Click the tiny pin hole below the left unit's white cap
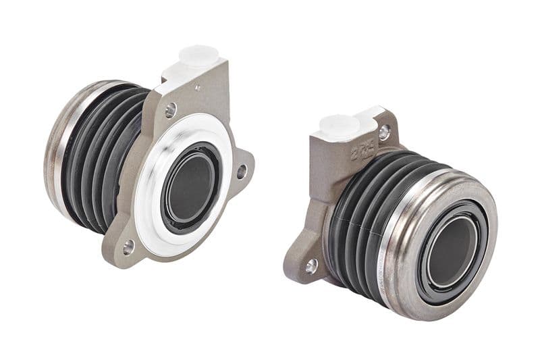[x=197, y=88]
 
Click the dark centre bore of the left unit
[x=191, y=189]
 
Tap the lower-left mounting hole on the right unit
[x=311, y=266]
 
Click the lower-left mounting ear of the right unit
[x=304, y=257]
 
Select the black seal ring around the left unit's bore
[x=169, y=203]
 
